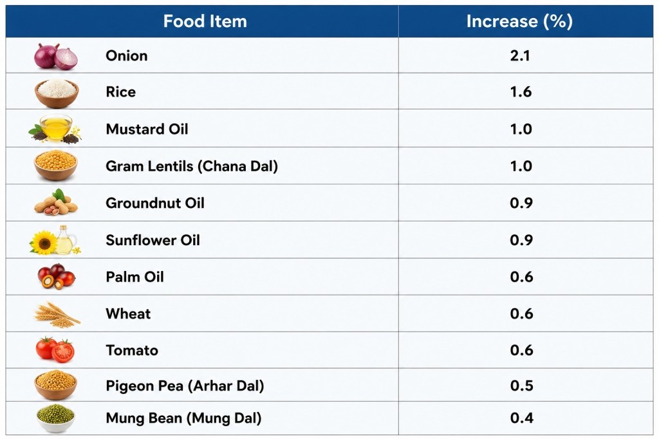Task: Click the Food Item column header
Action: coord(205,21)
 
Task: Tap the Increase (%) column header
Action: coord(519,21)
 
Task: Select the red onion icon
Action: coord(56,56)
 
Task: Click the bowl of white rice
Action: coord(57,93)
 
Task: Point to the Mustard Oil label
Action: coord(147,129)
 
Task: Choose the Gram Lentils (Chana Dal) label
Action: coord(192,166)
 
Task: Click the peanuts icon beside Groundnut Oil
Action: coord(56,202)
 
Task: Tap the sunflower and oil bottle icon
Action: coord(55,240)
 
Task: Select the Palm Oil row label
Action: coord(135,277)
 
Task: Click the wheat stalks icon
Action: coord(57,315)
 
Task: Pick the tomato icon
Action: coord(55,350)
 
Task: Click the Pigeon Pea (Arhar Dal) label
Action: coord(185,386)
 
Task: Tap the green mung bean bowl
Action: coord(55,418)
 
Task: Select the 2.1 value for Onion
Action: coord(520,55)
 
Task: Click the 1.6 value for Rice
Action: coord(521,91)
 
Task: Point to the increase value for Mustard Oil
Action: coord(521,129)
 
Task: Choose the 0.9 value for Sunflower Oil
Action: coord(521,240)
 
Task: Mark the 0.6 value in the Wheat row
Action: coord(521,313)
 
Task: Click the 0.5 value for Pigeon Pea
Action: coord(521,386)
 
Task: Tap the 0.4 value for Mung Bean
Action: coord(521,418)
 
